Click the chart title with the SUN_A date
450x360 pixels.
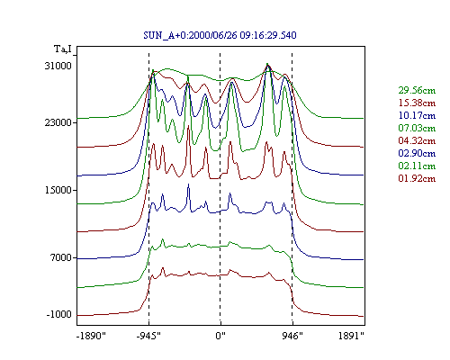tap(220, 35)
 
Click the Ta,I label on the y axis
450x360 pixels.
tap(63, 49)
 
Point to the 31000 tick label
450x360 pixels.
tap(58, 66)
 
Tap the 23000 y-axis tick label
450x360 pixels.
tap(58, 122)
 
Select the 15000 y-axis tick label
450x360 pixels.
tap(58, 190)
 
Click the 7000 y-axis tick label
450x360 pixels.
tap(61, 257)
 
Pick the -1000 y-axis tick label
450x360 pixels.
tap(59, 314)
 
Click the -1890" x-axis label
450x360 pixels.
tap(92, 336)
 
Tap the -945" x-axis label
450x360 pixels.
tap(148, 336)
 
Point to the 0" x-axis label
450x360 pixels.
tap(220, 336)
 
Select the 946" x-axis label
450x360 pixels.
tap(292, 336)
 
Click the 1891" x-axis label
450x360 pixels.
tap(351, 336)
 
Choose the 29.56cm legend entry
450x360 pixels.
tap(417, 90)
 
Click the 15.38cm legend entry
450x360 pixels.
tap(417, 103)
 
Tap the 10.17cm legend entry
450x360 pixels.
tap(417, 115)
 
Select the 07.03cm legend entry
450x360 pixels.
tap(417, 128)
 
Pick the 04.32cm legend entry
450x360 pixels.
tap(417, 140)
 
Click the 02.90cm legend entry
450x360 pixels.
tap(417, 153)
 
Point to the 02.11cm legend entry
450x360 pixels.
tap(417, 166)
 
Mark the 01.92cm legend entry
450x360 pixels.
tap(417, 178)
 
